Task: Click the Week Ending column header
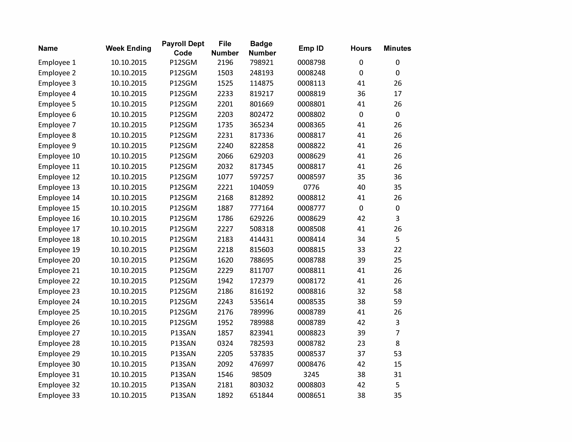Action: (x=128, y=48)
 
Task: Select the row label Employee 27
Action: (x=59, y=333)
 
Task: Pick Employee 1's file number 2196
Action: (x=225, y=63)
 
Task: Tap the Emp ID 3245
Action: (x=311, y=375)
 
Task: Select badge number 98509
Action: (x=261, y=375)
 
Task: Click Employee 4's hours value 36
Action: (x=361, y=94)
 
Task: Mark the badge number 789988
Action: (x=261, y=323)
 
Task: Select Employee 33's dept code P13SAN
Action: (x=183, y=395)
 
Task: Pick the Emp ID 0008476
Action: (x=311, y=364)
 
